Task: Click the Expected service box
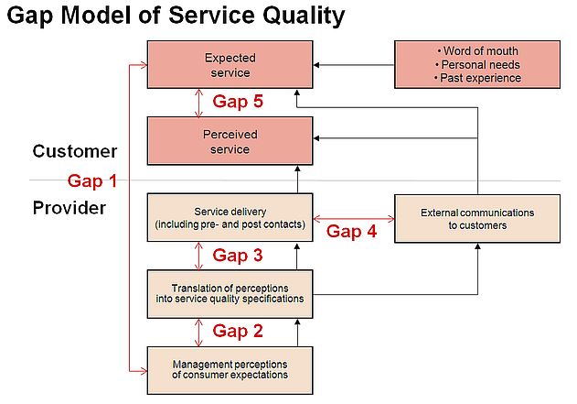point(230,64)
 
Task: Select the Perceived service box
point(230,141)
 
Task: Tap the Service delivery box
point(230,217)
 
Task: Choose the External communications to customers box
point(477,219)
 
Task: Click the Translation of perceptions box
point(230,294)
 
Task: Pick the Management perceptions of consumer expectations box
point(230,370)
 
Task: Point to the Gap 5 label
point(238,102)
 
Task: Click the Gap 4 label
point(351,232)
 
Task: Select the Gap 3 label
point(238,256)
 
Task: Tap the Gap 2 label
point(238,331)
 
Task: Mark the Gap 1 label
point(92,181)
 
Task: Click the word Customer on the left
point(75,151)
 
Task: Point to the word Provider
point(69,208)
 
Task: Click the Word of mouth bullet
point(477,51)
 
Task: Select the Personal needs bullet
point(477,65)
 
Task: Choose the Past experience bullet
point(477,78)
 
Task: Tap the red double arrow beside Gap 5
point(198,103)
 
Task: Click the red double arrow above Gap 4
point(354,219)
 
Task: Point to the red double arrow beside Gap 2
point(198,333)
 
